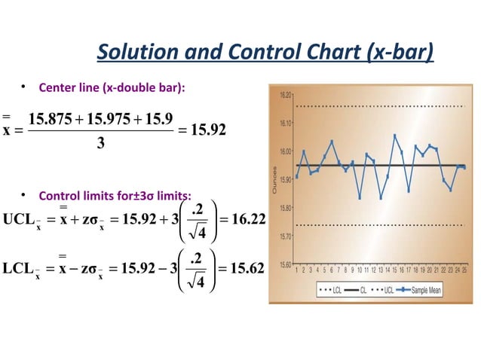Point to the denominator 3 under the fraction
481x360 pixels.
[100, 144]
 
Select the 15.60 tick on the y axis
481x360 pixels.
[286, 264]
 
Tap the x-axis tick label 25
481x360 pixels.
[464, 269]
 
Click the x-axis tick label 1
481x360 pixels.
[297, 269]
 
